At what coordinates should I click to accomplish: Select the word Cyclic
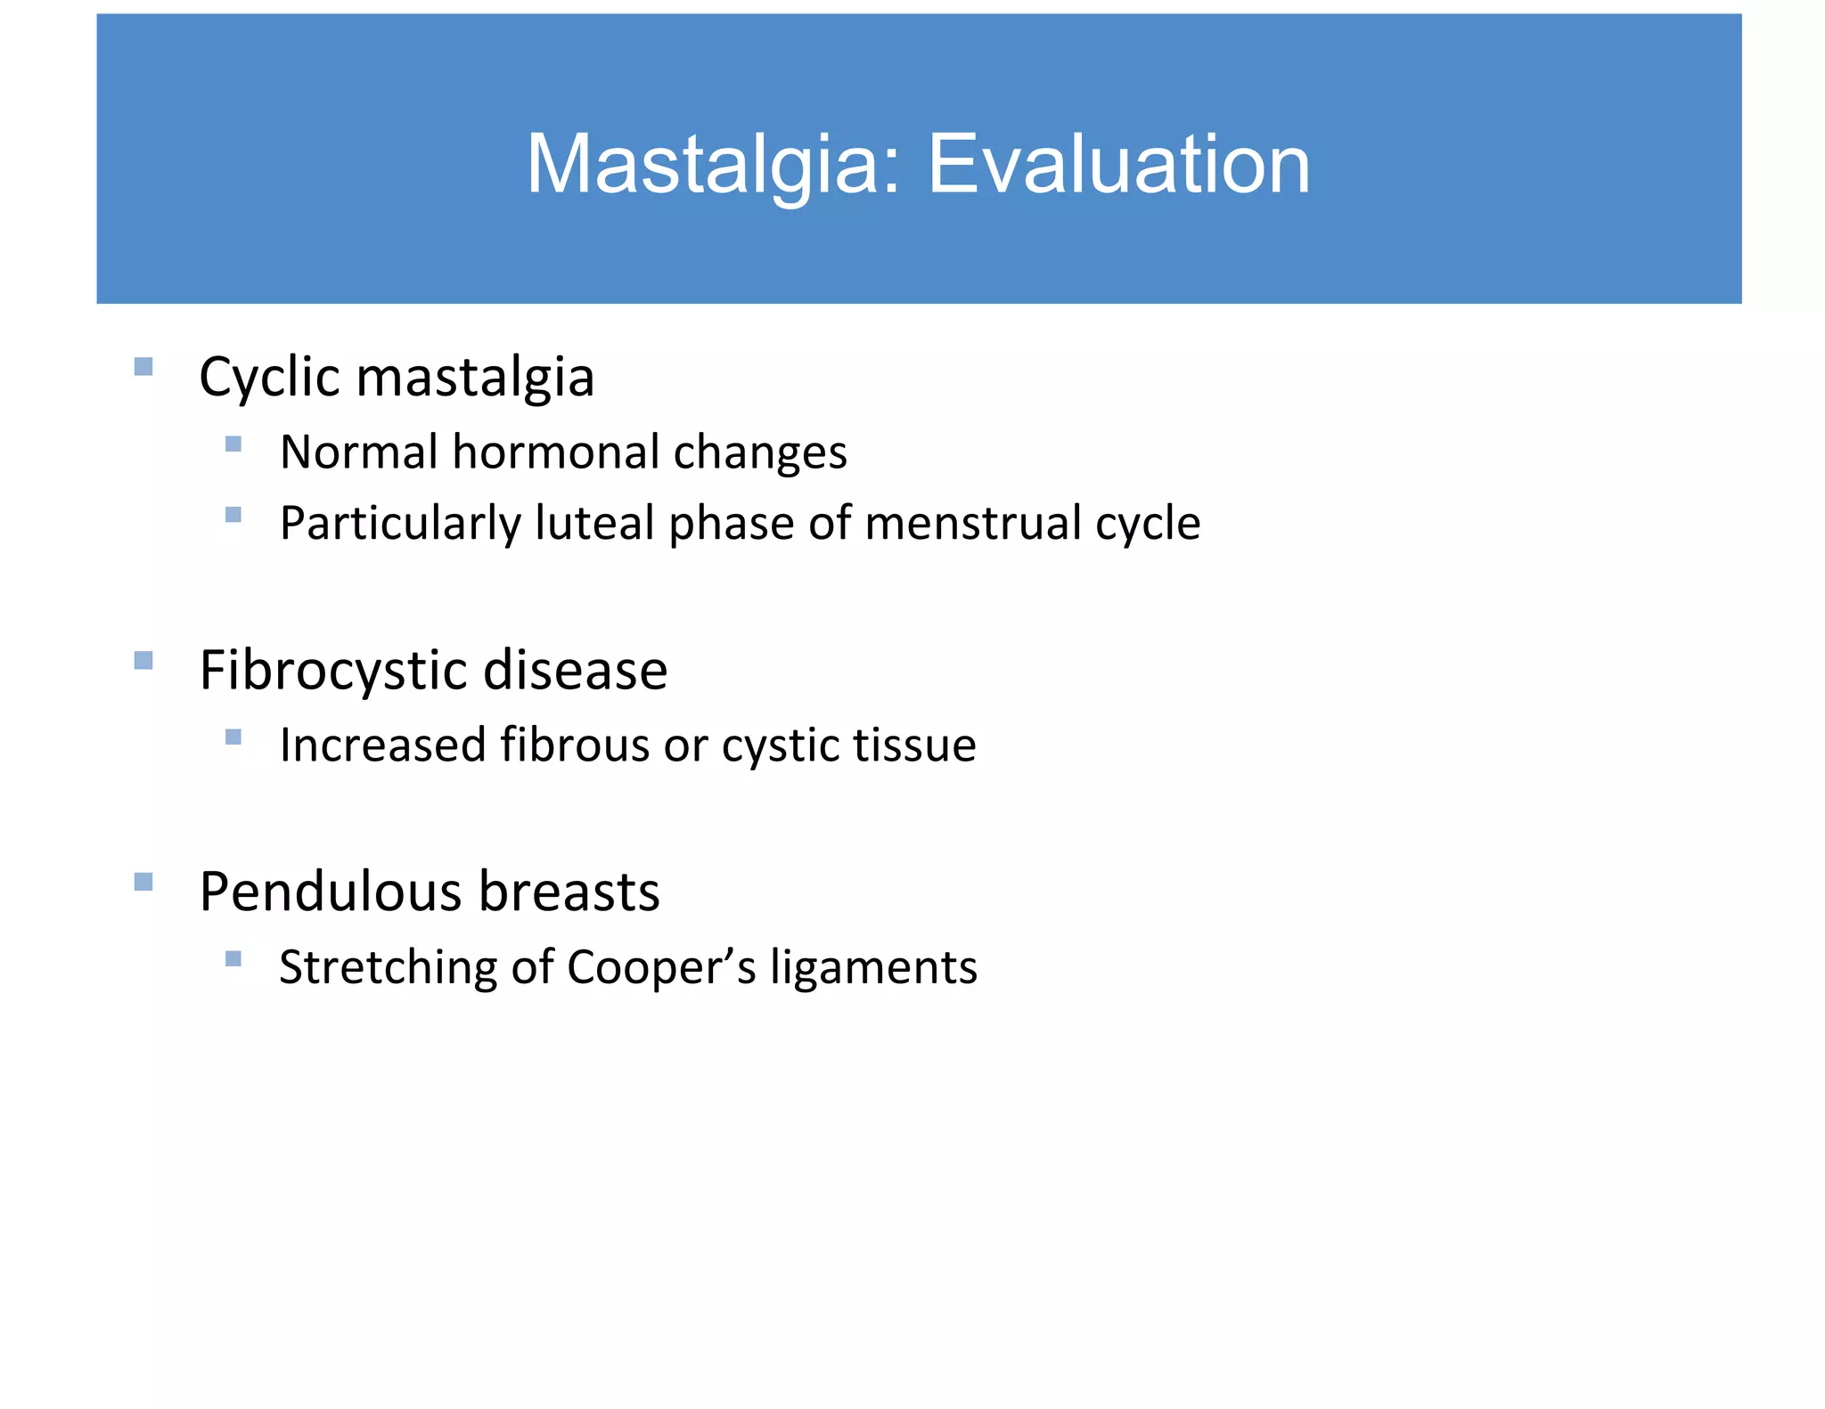pyautogui.click(x=270, y=378)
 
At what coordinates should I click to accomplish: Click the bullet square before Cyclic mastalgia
pyautogui.click(x=143, y=367)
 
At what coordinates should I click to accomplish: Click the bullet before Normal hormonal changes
pyautogui.click(x=233, y=444)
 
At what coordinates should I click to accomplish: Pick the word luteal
pyautogui.click(x=594, y=523)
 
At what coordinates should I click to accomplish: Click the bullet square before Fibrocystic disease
pyautogui.click(x=143, y=660)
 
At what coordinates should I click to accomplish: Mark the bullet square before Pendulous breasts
pyautogui.click(x=143, y=882)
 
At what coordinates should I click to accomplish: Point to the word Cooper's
pyautogui.click(x=661, y=967)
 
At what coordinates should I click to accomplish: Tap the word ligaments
pyautogui.click(x=873, y=968)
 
